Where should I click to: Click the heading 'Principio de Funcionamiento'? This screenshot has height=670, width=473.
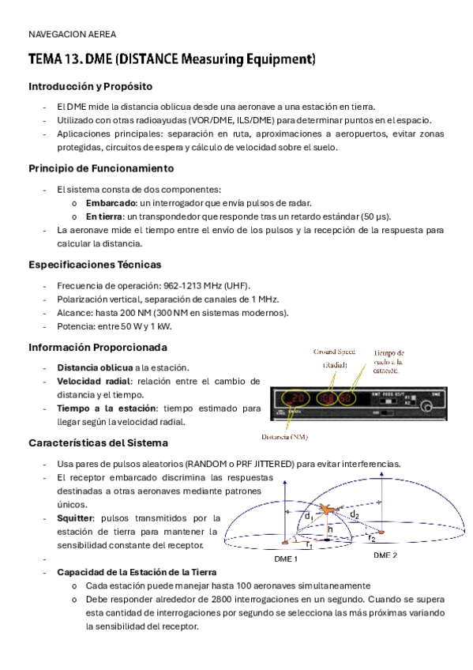tap(101, 168)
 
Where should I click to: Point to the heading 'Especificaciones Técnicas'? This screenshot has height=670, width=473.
tap(95, 264)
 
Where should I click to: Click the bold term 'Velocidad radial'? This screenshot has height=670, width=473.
tap(88, 382)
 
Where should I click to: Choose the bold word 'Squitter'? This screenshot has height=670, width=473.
tap(73, 518)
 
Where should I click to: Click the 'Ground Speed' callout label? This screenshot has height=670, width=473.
tap(334, 352)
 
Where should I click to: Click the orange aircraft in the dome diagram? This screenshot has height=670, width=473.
tap(329, 511)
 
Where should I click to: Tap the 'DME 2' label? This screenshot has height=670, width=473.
tap(385, 555)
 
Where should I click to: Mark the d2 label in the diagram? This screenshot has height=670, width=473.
tap(355, 514)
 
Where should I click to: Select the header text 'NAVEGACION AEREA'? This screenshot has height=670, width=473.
tap(72, 34)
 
